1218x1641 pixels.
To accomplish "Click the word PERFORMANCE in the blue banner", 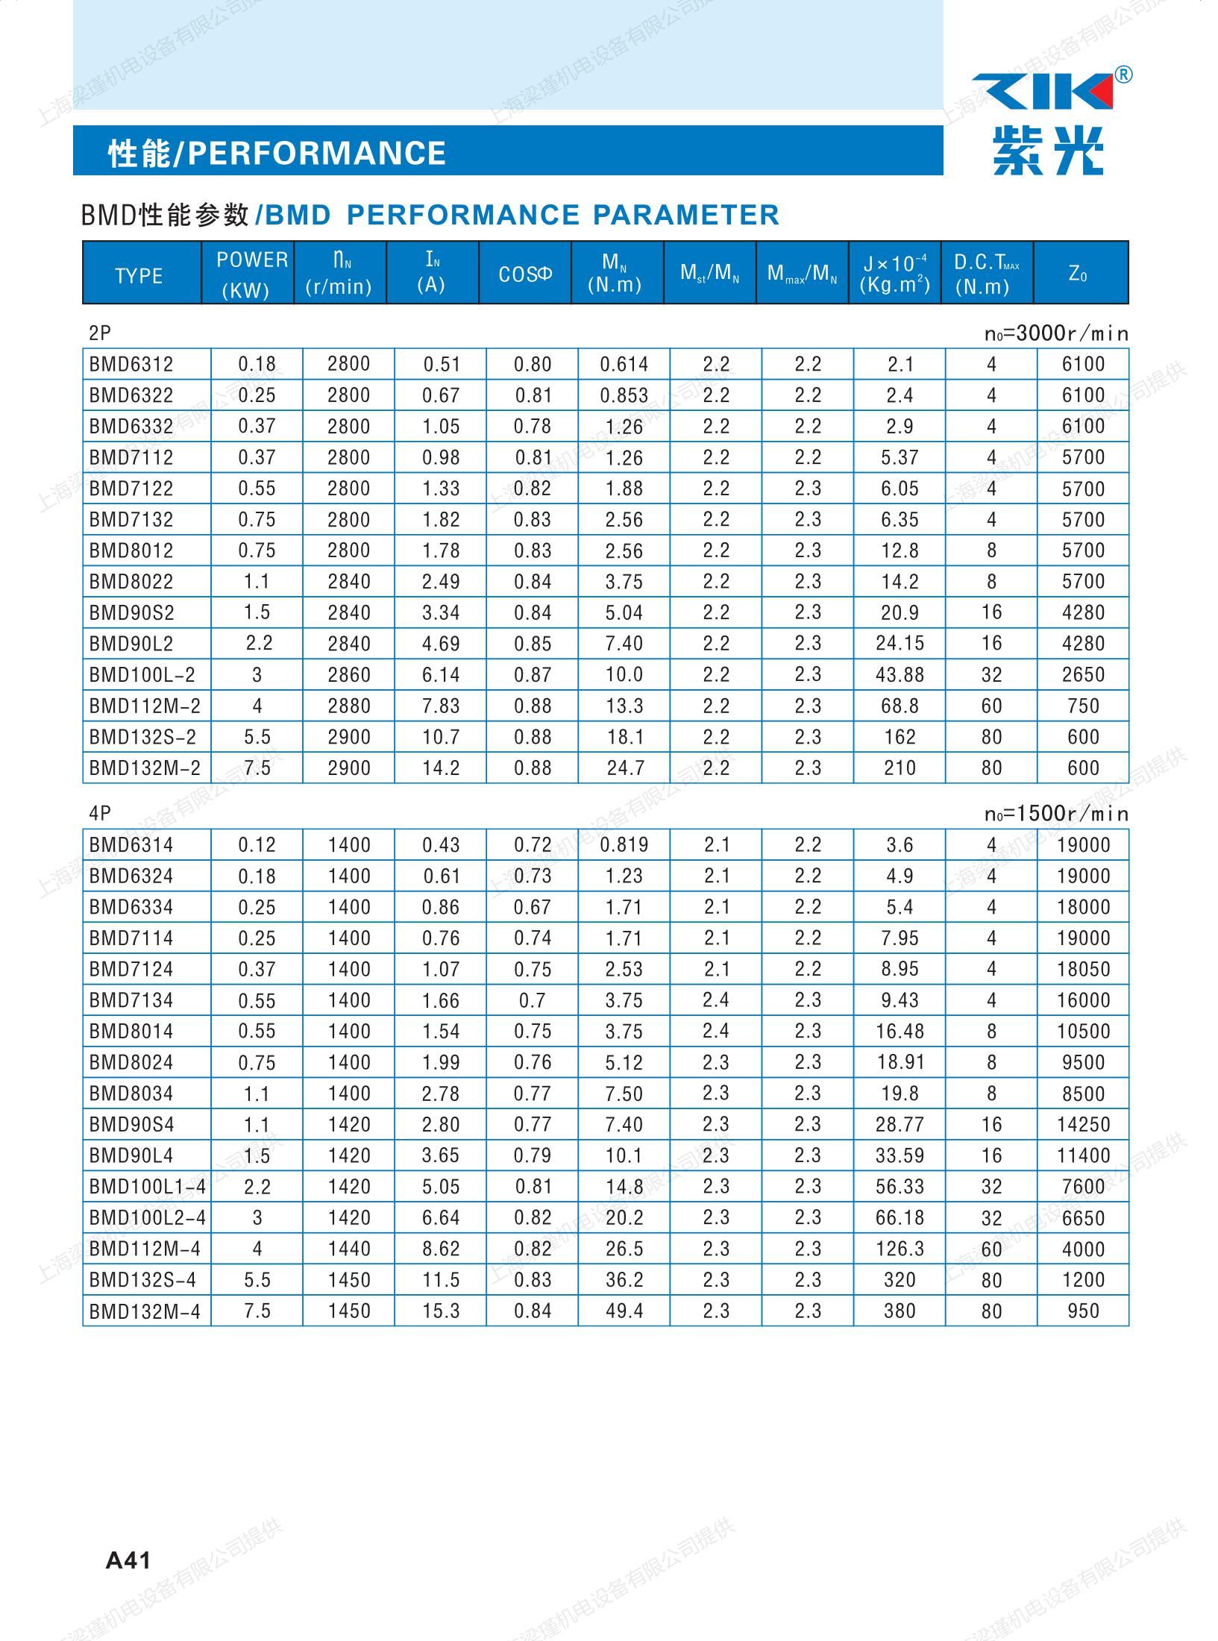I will click(x=316, y=153).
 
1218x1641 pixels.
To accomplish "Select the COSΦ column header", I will click(x=525, y=274).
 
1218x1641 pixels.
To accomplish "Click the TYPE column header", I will click(x=139, y=276).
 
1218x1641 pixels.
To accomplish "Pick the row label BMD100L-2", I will click(x=142, y=675).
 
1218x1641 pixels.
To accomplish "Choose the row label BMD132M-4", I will click(x=145, y=1311).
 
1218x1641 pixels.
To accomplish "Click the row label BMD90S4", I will click(x=131, y=1125).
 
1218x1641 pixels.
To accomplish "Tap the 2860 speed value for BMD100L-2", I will click(x=348, y=675).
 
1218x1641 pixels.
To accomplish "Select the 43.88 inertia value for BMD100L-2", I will click(x=900, y=675).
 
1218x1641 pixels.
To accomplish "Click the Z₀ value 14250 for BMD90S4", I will click(x=1083, y=1125).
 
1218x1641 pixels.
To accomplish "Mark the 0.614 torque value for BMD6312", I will click(x=624, y=364).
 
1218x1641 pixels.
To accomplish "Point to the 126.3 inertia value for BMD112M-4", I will click(x=900, y=1249).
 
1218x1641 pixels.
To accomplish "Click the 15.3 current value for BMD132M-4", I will click(x=441, y=1311).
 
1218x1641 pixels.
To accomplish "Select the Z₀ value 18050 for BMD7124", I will click(x=1083, y=970).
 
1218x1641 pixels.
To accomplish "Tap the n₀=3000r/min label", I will click(x=1056, y=333).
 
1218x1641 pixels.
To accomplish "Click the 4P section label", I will click(x=100, y=814).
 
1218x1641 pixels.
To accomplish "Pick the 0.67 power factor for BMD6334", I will click(x=532, y=907).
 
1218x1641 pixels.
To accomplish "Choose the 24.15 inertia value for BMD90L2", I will click(x=900, y=644).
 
